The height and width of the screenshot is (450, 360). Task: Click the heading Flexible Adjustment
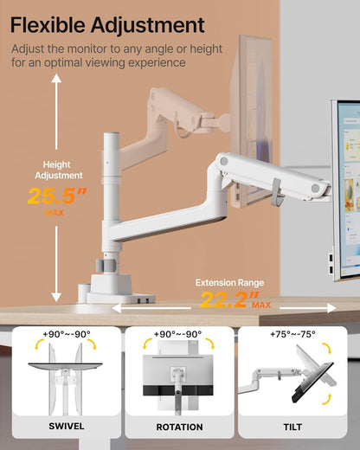(109, 25)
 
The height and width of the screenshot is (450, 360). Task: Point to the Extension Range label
(230, 282)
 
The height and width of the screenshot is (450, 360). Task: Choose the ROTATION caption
(179, 427)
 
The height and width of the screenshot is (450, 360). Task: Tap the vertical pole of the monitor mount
(110, 190)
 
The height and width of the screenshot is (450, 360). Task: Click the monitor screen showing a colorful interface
(345, 186)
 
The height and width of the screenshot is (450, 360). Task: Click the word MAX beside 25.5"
(55, 212)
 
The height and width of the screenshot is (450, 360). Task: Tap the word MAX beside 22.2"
(262, 305)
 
